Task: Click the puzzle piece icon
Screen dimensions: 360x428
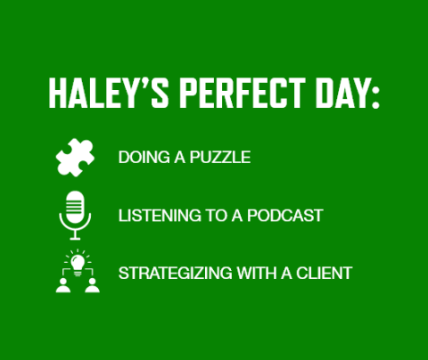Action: click(75, 158)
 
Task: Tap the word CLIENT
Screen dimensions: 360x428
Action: click(325, 273)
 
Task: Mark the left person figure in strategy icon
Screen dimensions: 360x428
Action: click(62, 284)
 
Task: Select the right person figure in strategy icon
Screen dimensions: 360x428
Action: click(92, 284)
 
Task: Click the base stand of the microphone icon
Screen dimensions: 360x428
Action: click(75, 236)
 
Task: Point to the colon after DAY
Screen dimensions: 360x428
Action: click(374, 95)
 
